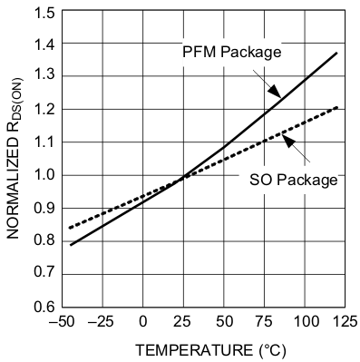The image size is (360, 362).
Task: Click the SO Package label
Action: pyautogui.click(x=293, y=180)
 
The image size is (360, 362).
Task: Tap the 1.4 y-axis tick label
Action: pyautogui.click(x=41, y=44)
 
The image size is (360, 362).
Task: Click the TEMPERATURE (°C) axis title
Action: pyautogui.click(x=203, y=349)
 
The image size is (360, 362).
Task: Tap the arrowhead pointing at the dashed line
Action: pyautogui.click(x=285, y=138)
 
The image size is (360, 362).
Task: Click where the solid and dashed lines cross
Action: pyautogui.click(x=184, y=176)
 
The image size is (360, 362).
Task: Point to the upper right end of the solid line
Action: pyautogui.click(x=336, y=53)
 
